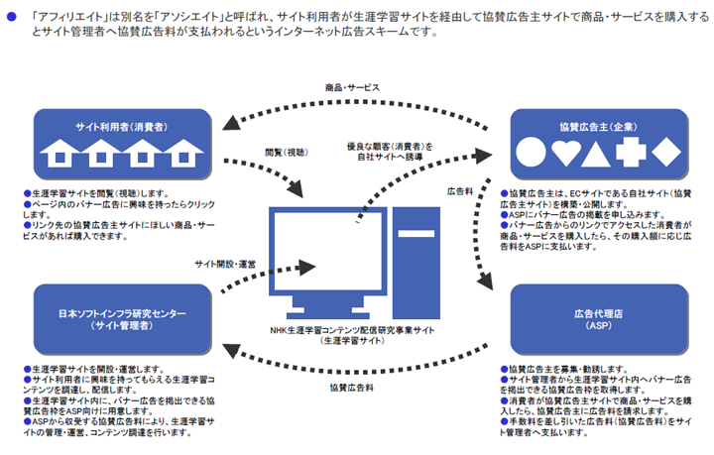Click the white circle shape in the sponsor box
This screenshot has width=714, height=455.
tap(531, 152)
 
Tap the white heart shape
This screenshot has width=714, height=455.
tap(566, 153)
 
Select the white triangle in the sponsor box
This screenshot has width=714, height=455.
tap(596, 154)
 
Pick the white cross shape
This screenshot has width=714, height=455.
tap(631, 152)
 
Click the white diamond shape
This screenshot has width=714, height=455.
tap(666, 152)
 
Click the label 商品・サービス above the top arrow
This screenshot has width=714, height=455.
tap(352, 87)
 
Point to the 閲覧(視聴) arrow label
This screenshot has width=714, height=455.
tap(287, 153)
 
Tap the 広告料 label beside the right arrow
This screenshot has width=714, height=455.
tap(460, 191)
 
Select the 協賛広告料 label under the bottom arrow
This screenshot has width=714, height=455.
tap(351, 388)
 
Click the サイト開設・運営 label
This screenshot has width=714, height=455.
tap(225, 264)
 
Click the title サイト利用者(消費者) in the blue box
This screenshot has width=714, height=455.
tap(122, 127)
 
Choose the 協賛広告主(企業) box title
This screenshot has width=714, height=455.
tap(598, 127)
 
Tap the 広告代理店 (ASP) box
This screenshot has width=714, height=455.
tap(599, 319)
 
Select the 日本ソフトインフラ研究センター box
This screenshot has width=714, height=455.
tap(123, 319)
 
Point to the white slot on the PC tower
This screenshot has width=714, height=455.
tap(416, 233)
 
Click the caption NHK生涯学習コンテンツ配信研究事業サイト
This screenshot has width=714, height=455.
tap(352, 330)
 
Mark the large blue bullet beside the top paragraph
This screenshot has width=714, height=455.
tap(11, 17)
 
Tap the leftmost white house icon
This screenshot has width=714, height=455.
tap(59, 153)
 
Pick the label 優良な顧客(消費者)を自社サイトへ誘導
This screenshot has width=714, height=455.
tap(390, 152)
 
